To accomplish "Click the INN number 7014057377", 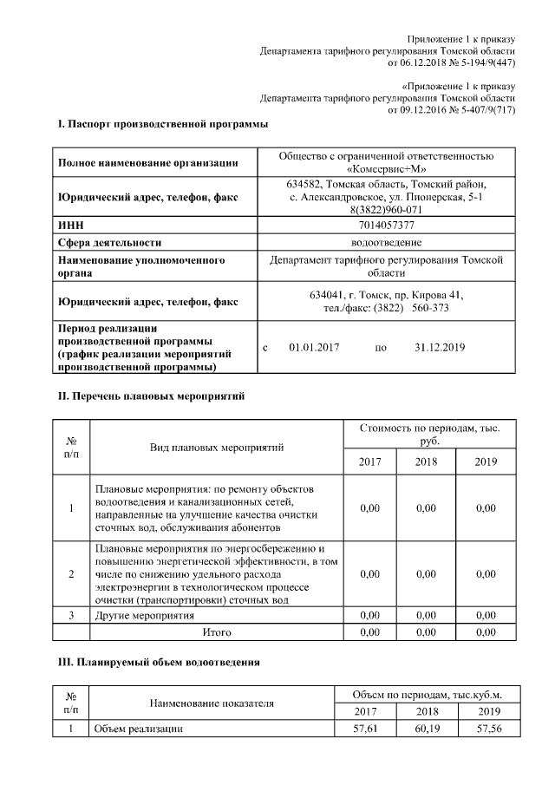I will click(387, 225).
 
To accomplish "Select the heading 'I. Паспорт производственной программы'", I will click(162, 125).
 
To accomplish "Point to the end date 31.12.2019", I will click(441, 347).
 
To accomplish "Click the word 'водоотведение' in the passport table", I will click(387, 242).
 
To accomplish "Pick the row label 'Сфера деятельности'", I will click(109, 242).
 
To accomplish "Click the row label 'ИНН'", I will click(71, 225).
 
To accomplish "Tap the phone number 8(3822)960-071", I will click(387, 209).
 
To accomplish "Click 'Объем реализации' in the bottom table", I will click(139, 729).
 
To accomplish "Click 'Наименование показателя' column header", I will click(212, 703).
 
